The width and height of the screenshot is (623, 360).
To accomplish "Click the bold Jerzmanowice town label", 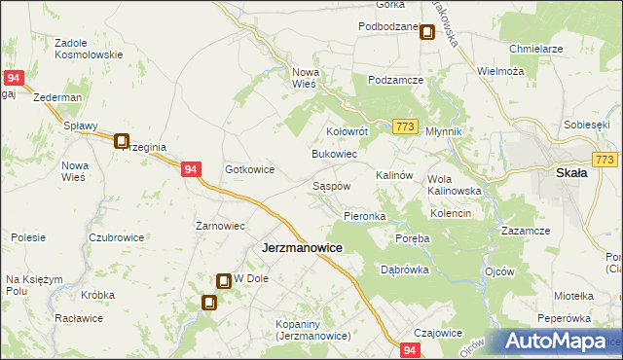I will pyautogui.click(x=302, y=248).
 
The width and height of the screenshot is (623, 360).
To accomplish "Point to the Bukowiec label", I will pyautogui.click(x=334, y=155).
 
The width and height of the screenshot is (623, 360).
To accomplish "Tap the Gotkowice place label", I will pyautogui.click(x=250, y=169).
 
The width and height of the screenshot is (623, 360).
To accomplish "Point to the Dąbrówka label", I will pyautogui.click(x=405, y=270).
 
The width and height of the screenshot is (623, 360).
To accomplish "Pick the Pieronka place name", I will pyautogui.click(x=365, y=215).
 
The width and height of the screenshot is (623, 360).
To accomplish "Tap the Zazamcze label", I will pyautogui.click(x=527, y=230).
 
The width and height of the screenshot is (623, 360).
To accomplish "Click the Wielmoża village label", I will pyautogui.click(x=500, y=71).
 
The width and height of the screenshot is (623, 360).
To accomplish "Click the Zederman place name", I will pyautogui.click(x=55, y=99).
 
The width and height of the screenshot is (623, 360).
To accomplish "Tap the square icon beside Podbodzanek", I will pyautogui.click(x=426, y=33).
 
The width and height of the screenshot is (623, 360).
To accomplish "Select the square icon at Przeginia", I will pyautogui.click(x=122, y=141).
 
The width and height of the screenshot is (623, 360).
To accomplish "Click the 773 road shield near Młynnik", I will pyautogui.click(x=407, y=126).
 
